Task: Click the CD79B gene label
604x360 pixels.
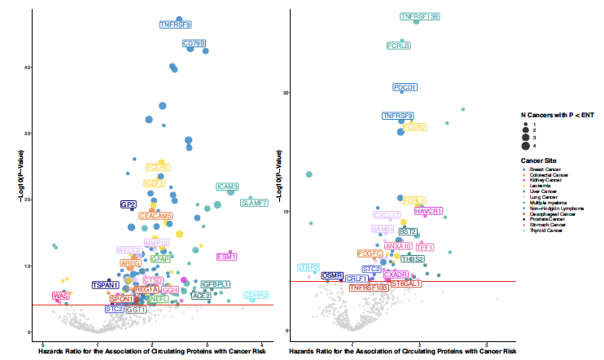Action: [195, 43]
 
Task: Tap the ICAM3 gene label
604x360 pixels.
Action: [227, 187]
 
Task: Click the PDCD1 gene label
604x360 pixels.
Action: [405, 87]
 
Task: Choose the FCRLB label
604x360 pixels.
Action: [398, 46]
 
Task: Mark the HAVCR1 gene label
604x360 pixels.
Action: [428, 211]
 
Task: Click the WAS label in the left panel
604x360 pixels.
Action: [60, 296]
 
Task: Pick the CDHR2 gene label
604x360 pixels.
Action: [256, 295]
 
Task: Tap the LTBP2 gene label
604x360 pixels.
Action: [309, 267]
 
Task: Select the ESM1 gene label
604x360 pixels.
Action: [227, 257]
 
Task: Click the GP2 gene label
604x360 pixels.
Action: [129, 204]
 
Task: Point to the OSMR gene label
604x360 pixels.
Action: [332, 276]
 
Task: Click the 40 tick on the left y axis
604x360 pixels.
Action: [27, 67]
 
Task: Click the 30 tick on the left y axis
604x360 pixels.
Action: [27, 133]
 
